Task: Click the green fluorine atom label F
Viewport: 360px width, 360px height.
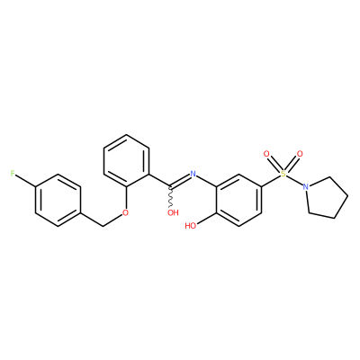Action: (x=13, y=174)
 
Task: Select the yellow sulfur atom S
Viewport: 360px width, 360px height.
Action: (x=283, y=174)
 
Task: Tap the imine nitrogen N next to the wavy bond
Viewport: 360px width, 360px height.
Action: (x=193, y=174)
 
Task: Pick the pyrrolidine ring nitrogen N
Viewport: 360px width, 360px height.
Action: (x=305, y=186)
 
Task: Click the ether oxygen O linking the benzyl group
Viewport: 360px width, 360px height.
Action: (x=126, y=212)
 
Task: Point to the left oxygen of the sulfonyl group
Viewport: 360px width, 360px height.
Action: (x=265, y=154)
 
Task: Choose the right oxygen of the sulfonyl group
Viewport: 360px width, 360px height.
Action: (x=300, y=154)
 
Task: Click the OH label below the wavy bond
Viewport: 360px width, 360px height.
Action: (x=173, y=212)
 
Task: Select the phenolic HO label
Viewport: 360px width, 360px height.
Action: (x=191, y=226)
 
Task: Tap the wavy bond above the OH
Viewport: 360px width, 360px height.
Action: (x=171, y=197)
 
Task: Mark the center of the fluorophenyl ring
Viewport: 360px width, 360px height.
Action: (x=58, y=200)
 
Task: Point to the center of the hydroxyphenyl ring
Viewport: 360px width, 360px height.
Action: (x=238, y=200)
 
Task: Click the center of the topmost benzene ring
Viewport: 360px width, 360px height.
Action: (x=126, y=160)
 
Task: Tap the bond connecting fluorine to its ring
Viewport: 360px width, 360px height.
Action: (x=25, y=180)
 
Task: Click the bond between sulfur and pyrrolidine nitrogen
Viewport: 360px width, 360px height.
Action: (x=294, y=180)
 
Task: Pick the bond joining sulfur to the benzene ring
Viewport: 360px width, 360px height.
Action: (x=271, y=180)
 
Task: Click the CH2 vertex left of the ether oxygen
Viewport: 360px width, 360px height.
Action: (x=103, y=226)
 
